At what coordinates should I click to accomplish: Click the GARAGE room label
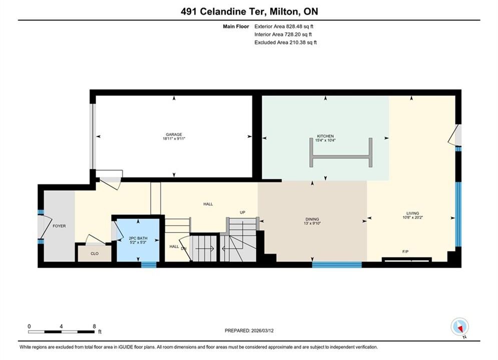pyautogui.click(x=174, y=134)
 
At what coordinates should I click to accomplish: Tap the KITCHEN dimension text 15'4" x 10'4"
pyautogui.click(x=325, y=140)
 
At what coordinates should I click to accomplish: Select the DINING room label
pyautogui.click(x=312, y=219)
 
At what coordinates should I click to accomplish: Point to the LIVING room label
pyautogui.click(x=412, y=213)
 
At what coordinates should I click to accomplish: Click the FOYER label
pyautogui.click(x=59, y=226)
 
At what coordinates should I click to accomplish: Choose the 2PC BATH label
pyautogui.click(x=138, y=238)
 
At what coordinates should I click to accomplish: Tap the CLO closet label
pyautogui.click(x=95, y=253)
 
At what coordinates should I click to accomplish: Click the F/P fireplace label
pyautogui.click(x=405, y=251)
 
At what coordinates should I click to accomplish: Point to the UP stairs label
pyautogui.click(x=243, y=212)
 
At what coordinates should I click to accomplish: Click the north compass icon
pyautogui.click(x=459, y=326)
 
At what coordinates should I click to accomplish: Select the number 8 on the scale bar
pyautogui.click(x=94, y=326)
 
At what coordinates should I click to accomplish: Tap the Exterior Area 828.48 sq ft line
pyautogui.click(x=284, y=26)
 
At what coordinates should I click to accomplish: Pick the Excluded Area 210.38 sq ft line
pyautogui.click(x=285, y=42)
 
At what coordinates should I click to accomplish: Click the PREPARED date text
pyautogui.click(x=249, y=330)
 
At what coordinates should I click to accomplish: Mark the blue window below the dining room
pyautogui.click(x=337, y=265)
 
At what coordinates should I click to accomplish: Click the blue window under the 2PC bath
pyautogui.click(x=149, y=265)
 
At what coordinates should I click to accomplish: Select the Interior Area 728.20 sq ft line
pyautogui.click(x=283, y=34)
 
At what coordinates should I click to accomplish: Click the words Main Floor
pyautogui.click(x=236, y=26)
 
